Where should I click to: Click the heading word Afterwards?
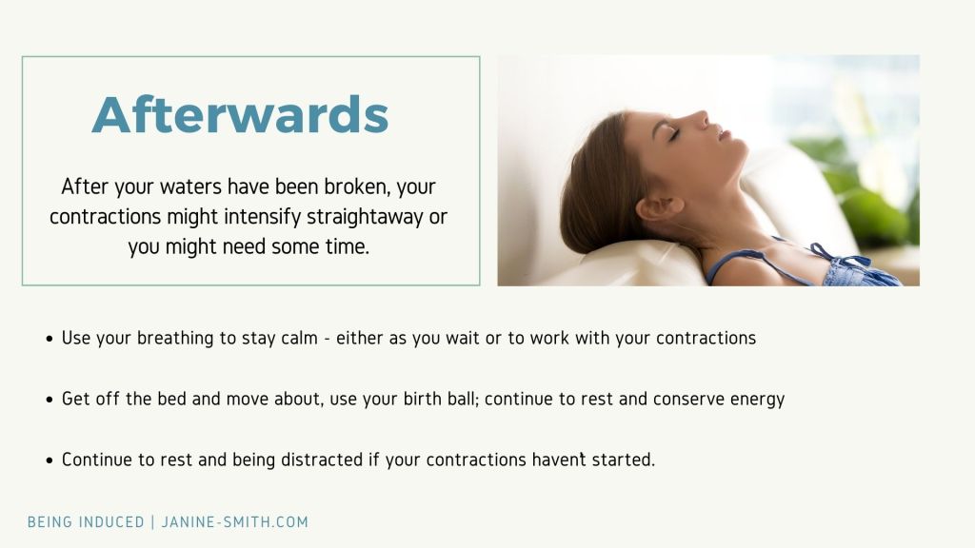tap(240, 115)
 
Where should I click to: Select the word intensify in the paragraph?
tap(263, 216)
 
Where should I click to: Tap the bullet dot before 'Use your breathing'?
tap(50, 340)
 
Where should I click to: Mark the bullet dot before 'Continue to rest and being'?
tap(50, 461)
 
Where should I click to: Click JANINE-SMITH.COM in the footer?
tap(235, 522)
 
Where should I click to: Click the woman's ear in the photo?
tap(659, 207)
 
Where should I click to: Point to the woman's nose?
tap(700, 119)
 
